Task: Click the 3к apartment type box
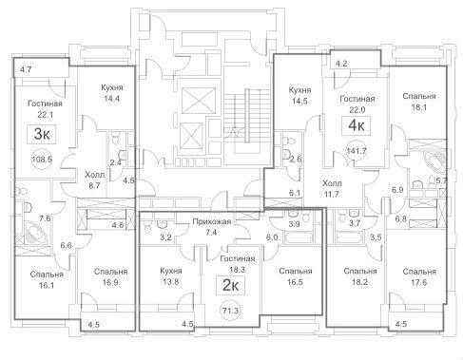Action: pyautogui.click(x=42, y=135)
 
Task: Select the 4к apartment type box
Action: pyautogui.click(x=357, y=126)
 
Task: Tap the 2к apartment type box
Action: pyautogui.click(x=230, y=286)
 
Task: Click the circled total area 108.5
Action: pyautogui.click(x=42, y=160)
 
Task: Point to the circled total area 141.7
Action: pyautogui.click(x=357, y=151)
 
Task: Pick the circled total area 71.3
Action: pyautogui.click(x=230, y=311)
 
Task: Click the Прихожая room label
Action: pyautogui.click(x=212, y=221)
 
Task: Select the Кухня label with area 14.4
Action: pyautogui.click(x=112, y=87)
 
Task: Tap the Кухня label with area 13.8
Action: pyautogui.click(x=171, y=271)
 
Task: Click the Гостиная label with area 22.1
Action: pyautogui.click(x=45, y=104)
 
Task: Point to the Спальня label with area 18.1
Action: pyautogui.click(x=419, y=96)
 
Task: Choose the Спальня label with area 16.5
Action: pyautogui.click(x=296, y=272)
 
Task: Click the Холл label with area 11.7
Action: pyautogui.click(x=332, y=183)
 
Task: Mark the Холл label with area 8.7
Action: pyautogui.click(x=94, y=175)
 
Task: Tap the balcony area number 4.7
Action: pyautogui.click(x=26, y=69)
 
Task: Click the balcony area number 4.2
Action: pyautogui.click(x=341, y=64)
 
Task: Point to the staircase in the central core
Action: pyautogui.click(x=244, y=122)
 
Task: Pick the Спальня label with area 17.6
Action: pyautogui.click(x=419, y=272)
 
